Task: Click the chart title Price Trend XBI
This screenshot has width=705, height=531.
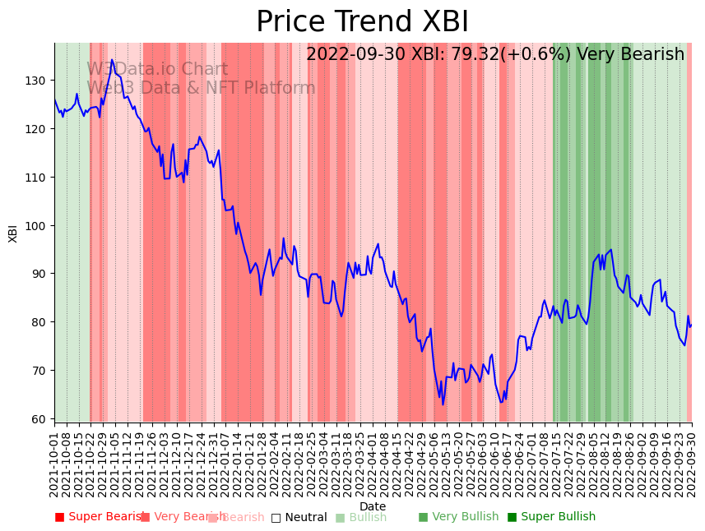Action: (x=362, y=22)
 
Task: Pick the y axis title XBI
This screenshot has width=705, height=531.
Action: (x=13, y=233)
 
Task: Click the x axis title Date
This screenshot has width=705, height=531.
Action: (x=373, y=506)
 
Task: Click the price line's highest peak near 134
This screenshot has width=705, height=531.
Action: (x=113, y=60)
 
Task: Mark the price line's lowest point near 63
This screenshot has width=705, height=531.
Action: (x=443, y=404)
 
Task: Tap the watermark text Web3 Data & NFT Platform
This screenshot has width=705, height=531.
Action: (x=201, y=88)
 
